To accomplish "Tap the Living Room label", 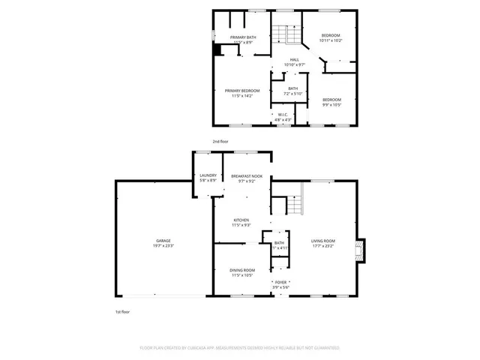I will (x=324, y=241).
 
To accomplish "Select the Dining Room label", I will (x=242, y=270).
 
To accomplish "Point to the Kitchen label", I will (x=241, y=220).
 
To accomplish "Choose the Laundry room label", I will (x=208, y=175).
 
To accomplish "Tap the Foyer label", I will (x=280, y=283).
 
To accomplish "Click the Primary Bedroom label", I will (x=242, y=91).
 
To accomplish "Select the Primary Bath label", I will (x=243, y=37).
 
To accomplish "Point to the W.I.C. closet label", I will (x=283, y=114).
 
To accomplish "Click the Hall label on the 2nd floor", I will (x=295, y=60).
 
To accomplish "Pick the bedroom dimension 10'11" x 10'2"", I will (x=331, y=40).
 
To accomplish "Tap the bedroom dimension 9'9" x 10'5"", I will (x=331, y=105).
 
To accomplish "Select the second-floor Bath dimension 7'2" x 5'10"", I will (x=292, y=94).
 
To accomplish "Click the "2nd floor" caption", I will (x=220, y=141).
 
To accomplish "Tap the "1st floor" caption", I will (x=123, y=311).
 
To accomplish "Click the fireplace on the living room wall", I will (x=361, y=250).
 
